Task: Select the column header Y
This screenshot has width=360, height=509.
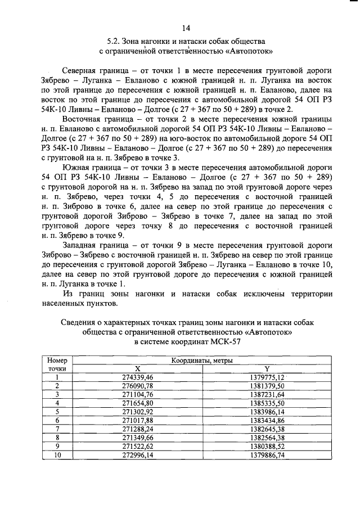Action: (267, 368)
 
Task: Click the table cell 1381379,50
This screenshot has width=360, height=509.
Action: (267, 385)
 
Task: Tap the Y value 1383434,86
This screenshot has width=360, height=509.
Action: (267, 420)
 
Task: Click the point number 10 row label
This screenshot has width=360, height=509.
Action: (57, 455)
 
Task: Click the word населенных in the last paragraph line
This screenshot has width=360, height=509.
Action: (66, 304)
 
